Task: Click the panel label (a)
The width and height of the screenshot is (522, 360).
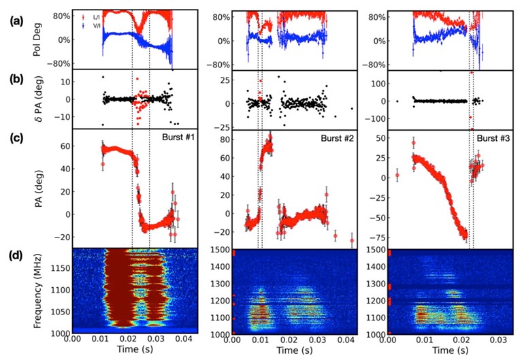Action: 14,21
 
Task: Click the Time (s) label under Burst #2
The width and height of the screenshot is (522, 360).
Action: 297,351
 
